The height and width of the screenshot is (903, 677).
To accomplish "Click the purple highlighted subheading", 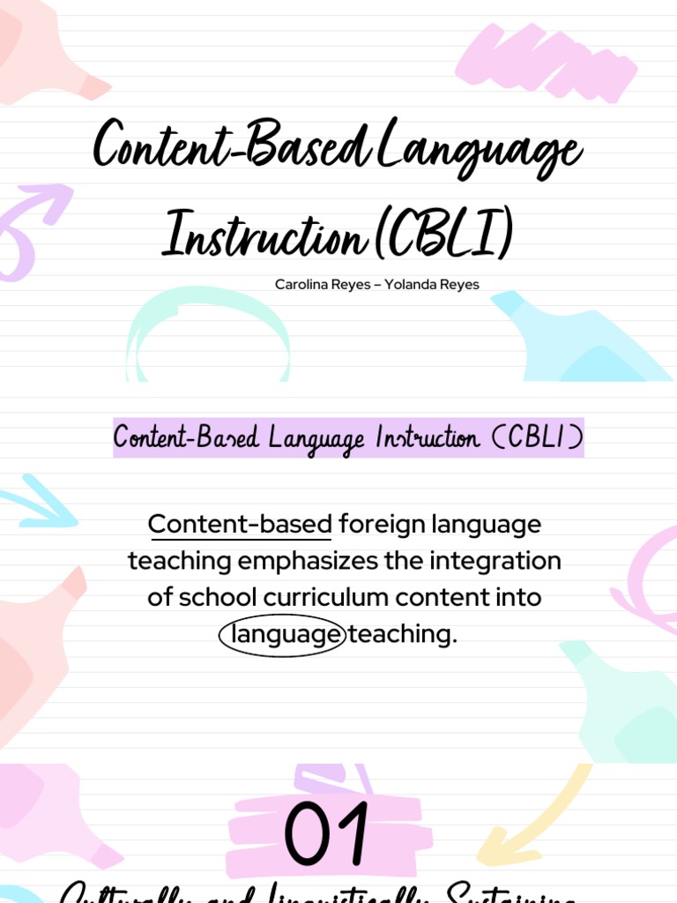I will click(x=348, y=438).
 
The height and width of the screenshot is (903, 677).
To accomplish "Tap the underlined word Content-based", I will click(x=240, y=525).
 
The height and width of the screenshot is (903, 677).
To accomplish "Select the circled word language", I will click(x=282, y=635).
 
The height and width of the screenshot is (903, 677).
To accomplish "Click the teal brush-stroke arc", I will click(x=208, y=326).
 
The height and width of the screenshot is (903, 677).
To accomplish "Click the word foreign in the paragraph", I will click(x=381, y=525).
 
